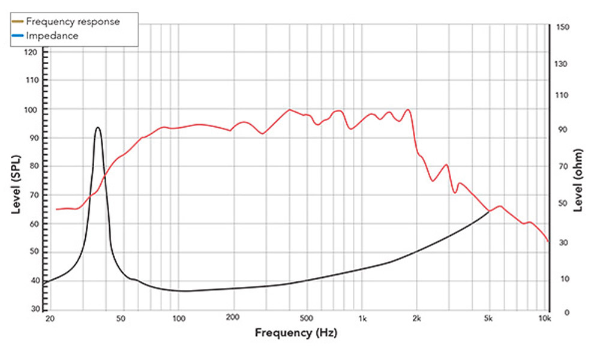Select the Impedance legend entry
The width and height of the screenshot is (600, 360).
tap(52, 35)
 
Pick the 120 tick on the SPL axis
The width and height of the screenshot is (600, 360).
tap(32, 52)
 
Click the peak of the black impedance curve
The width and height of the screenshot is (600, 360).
tap(97, 127)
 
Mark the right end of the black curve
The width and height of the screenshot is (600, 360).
tap(490, 212)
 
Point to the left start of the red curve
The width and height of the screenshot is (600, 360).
tap(56, 209)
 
